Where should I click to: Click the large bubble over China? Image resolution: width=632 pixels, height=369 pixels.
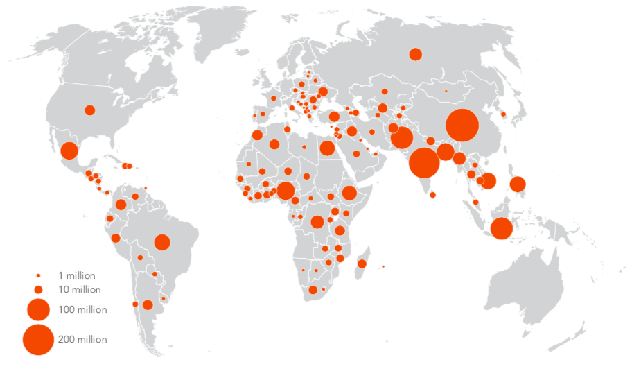click(x=462, y=126)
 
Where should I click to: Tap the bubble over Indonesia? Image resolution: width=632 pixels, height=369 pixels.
click(x=501, y=228)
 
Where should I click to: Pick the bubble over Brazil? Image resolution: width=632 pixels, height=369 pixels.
click(x=162, y=242)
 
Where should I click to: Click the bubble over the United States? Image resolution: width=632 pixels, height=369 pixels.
click(x=89, y=110)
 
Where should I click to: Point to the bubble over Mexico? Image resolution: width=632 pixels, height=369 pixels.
click(x=69, y=151)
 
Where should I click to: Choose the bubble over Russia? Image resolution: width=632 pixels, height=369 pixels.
click(x=416, y=54)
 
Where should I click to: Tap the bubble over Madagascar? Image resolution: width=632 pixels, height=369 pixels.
click(x=362, y=263)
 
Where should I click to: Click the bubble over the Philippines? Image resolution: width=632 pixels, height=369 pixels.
click(x=517, y=184)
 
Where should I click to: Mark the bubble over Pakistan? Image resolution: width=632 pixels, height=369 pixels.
click(x=402, y=137)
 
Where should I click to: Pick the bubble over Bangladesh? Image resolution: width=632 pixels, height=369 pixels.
click(x=446, y=152)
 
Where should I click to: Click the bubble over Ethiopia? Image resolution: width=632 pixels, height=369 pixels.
click(x=349, y=193)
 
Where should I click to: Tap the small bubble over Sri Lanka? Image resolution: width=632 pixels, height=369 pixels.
click(x=433, y=195)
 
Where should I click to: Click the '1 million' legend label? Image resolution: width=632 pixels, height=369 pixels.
click(x=76, y=275)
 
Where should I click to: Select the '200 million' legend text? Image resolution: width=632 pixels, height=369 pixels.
click(x=82, y=339)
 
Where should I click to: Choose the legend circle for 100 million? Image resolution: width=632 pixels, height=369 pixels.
click(x=38, y=309)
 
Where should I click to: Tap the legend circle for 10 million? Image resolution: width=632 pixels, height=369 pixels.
click(x=39, y=289)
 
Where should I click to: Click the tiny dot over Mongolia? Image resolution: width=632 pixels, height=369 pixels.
click(x=446, y=91)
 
